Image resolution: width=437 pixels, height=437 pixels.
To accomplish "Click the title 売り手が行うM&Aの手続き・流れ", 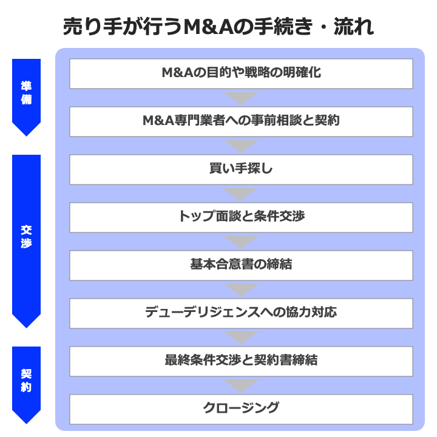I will tap(218, 27).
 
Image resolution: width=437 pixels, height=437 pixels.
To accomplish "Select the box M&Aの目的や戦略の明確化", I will tap(241, 73).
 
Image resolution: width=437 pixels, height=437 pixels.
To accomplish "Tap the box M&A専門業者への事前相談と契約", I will tap(241, 121).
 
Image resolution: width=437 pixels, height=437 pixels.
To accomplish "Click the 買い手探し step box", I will tap(241, 169).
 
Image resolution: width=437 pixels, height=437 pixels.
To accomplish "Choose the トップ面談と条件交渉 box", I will tap(241, 217).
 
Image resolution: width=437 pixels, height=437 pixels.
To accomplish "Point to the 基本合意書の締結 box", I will tap(241, 265).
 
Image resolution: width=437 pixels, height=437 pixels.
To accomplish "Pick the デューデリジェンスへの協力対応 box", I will tap(241, 313).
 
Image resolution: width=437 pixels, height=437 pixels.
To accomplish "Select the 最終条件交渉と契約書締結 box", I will tap(241, 361).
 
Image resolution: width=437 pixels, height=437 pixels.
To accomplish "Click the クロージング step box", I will tap(241, 408).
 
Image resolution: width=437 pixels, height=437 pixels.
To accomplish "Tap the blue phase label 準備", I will tap(26, 93).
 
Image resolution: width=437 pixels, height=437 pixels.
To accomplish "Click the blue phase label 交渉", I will tap(26, 237).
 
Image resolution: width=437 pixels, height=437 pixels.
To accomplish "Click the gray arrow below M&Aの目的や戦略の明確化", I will tap(241, 97).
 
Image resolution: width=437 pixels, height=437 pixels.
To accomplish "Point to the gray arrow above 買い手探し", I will tap(241, 145).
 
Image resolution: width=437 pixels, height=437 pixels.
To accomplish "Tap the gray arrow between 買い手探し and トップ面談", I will tap(241, 193).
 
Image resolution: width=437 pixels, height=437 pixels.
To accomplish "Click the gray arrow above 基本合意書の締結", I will tap(241, 241).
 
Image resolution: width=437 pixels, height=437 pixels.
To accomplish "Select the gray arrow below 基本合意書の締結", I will tap(241, 289).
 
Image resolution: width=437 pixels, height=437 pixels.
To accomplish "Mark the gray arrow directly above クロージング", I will tap(241, 385).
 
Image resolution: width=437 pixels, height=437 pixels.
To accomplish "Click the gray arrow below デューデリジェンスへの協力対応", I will tap(241, 337).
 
